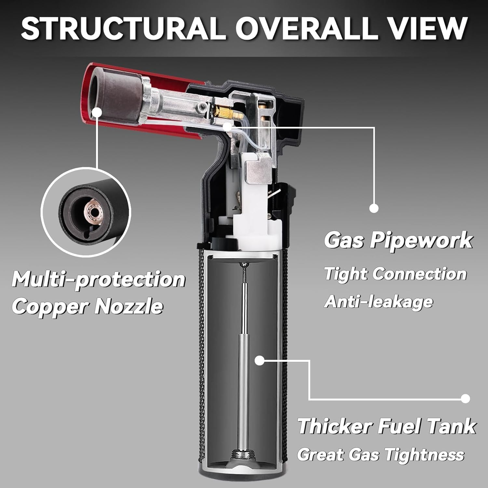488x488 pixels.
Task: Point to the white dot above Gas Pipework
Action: pyautogui.click(x=374, y=208)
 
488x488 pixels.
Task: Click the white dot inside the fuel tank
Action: pyautogui.click(x=259, y=360)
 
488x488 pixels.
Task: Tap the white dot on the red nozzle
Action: pyautogui.click(x=97, y=113)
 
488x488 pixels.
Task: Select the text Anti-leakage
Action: pyautogui.click(x=379, y=302)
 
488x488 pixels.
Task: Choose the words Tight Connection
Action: pyautogui.click(x=396, y=274)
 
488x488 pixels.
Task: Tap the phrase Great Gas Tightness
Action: pyautogui.click(x=381, y=454)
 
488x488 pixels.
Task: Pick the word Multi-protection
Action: pyautogui.click(x=99, y=279)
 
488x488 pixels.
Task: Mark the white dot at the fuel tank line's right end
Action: pyautogui.click(x=466, y=399)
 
